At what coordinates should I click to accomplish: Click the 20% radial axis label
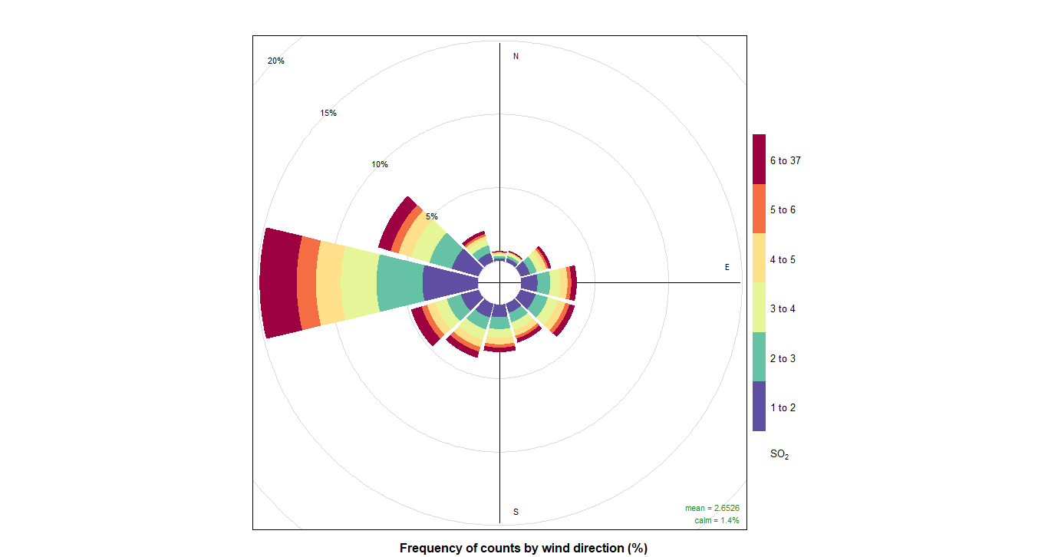point(275,61)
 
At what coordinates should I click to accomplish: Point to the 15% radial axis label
point(328,114)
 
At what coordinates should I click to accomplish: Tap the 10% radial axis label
point(380,165)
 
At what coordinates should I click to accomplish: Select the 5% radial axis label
point(432,216)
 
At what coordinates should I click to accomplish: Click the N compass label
point(516,57)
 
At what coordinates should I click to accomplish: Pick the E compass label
point(727,267)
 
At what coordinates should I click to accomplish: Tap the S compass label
point(516,512)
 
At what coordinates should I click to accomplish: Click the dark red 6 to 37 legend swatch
point(759,160)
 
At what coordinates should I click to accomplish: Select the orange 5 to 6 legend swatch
point(759,209)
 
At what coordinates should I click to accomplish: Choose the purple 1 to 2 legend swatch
point(759,407)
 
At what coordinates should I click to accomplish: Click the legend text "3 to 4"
point(783,308)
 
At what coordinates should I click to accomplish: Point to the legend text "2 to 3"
point(783,358)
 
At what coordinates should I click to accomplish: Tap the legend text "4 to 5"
point(783,259)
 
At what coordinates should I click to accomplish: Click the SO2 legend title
point(779,455)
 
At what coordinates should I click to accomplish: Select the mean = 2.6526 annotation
point(712,508)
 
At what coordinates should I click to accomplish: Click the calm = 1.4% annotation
point(717,520)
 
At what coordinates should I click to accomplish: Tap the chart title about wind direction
point(523,548)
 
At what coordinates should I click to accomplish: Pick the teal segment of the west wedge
point(400,283)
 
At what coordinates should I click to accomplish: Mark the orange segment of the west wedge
point(308,283)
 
